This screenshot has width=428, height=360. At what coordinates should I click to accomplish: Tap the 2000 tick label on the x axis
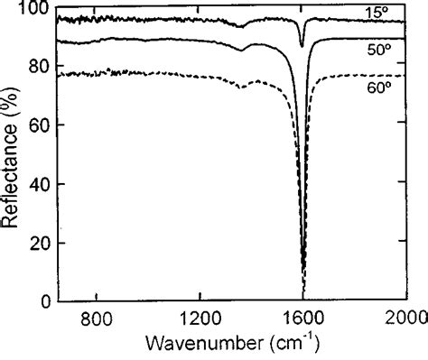tap(405, 318)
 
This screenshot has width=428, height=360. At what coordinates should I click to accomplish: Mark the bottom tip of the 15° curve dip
tap(302, 45)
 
